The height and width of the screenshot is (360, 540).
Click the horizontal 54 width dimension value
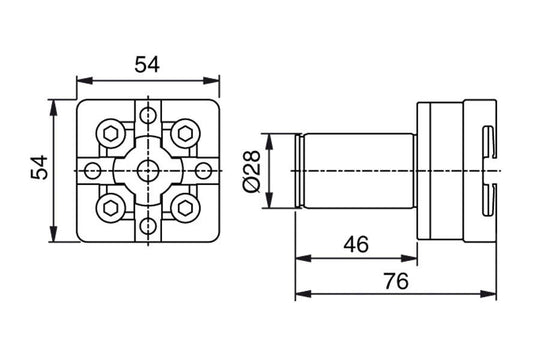[x=148, y=63]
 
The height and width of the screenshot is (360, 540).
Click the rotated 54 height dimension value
[x=38, y=171]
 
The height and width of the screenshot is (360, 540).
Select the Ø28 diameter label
[x=253, y=172]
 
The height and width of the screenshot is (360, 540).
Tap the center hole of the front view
[x=148, y=170]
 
